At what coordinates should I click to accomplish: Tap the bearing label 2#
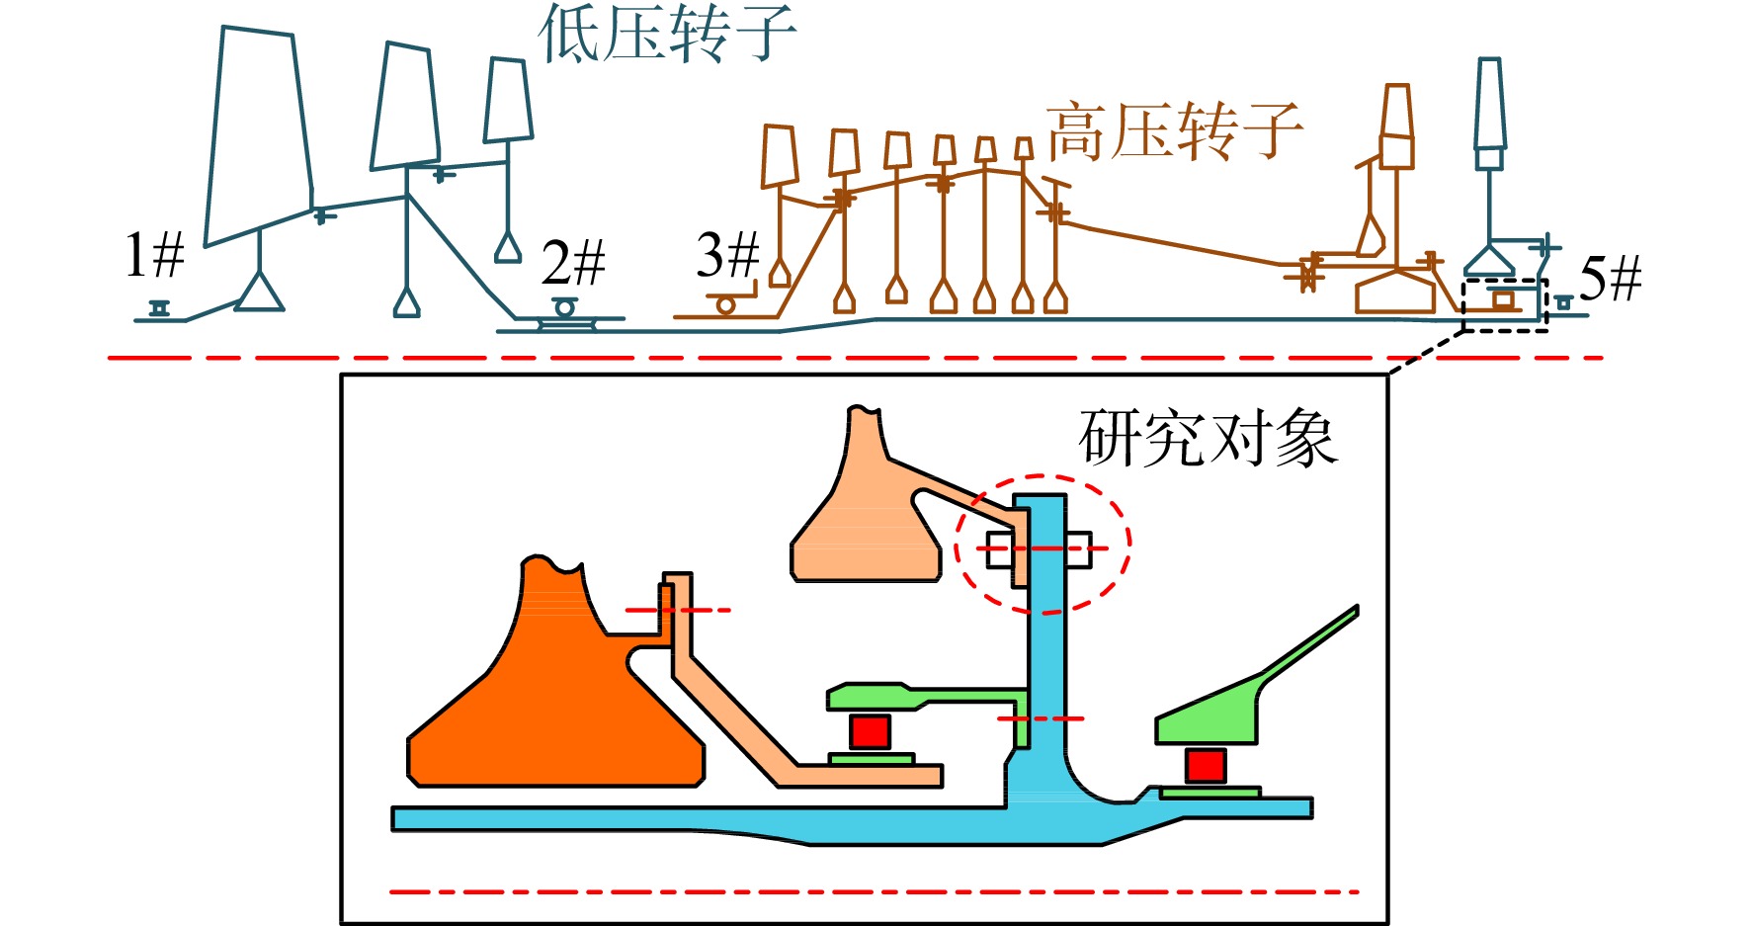pyautogui.click(x=573, y=262)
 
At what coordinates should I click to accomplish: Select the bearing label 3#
pyautogui.click(x=728, y=255)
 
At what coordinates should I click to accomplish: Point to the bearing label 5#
pyautogui.click(x=1611, y=278)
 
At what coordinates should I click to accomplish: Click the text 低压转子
pyautogui.click(x=667, y=33)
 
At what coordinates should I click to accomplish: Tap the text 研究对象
pyautogui.click(x=1209, y=438)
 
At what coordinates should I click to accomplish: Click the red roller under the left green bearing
pyautogui.click(x=871, y=732)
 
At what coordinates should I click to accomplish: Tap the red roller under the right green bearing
pyautogui.click(x=1206, y=766)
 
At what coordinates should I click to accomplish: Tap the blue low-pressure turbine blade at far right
pyautogui.click(x=1490, y=103)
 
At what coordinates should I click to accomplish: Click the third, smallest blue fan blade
pyautogui.click(x=508, y=100)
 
